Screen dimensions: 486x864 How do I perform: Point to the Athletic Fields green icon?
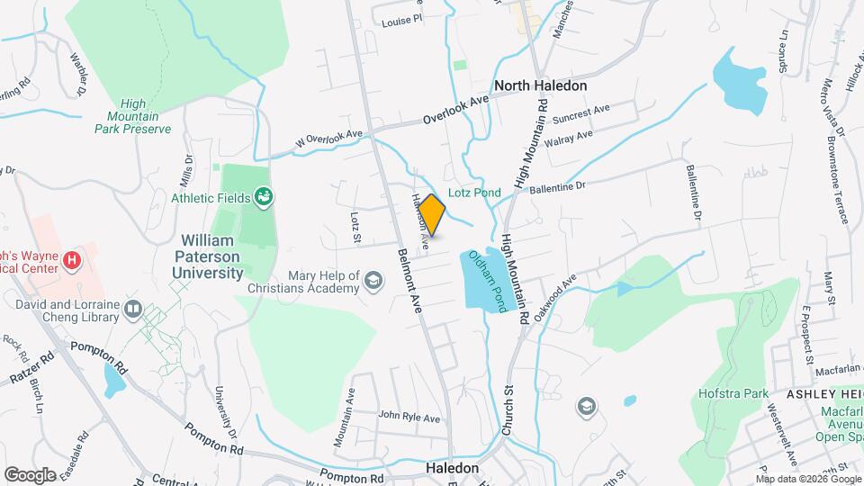[x=264, y=196]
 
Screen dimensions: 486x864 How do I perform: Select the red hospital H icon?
[x=73, y=262]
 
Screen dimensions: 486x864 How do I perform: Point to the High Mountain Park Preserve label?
[x=133, y=117]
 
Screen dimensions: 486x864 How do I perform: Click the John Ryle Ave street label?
[x=409, y=418]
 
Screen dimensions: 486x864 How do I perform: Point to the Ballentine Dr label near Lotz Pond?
[x=557, y=187]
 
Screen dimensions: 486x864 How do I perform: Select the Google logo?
[x=30, y=474]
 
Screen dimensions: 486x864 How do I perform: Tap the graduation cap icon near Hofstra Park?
[x=587, y=408]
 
